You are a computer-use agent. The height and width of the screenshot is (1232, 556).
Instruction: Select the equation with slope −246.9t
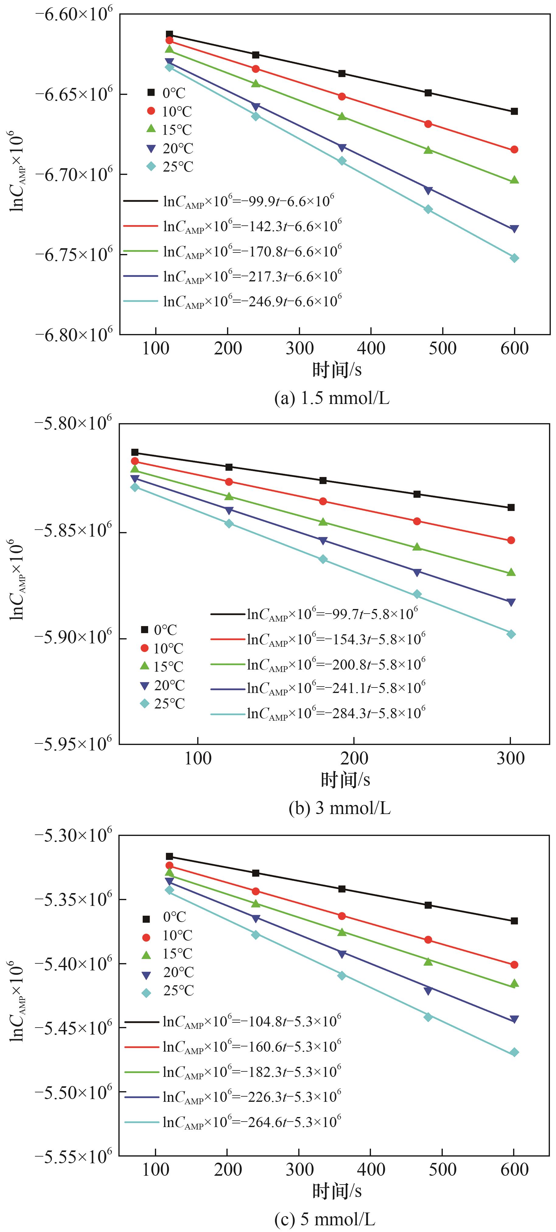(x=252, y=301)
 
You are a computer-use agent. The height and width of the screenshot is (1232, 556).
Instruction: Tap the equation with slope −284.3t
(x=336, y=713)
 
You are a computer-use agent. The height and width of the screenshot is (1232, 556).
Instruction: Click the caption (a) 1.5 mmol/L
(x=332, y=398)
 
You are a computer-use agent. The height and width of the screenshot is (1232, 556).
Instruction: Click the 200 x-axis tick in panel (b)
(x=354, y=759)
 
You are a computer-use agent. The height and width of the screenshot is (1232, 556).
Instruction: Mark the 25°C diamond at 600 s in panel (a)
(x=514, y=258)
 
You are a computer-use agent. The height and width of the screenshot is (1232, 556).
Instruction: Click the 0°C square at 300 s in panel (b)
(x=511, y=507)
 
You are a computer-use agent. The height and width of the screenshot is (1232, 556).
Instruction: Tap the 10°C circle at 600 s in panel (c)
(x=514, y=965)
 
